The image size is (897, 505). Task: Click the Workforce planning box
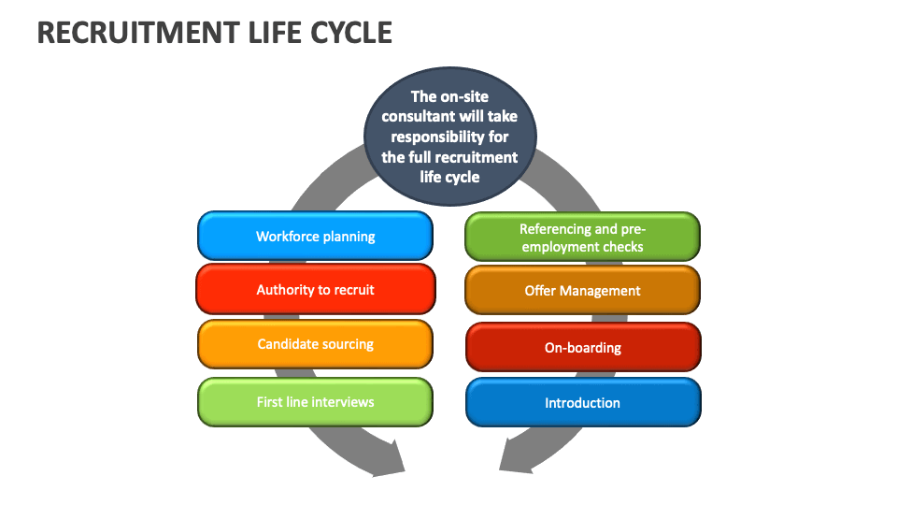[315, 236]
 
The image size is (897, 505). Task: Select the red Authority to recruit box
[315, 289]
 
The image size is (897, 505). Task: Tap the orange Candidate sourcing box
[315, 343]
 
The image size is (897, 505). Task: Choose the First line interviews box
[315, 402]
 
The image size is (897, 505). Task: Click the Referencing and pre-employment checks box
[582, 237]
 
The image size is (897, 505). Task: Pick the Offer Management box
[582, 290]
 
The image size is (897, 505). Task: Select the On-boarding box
[582, 347]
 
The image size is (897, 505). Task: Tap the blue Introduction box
[582, 403]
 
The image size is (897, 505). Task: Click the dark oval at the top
[449, 136]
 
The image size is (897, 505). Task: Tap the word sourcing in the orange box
[347, 343]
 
